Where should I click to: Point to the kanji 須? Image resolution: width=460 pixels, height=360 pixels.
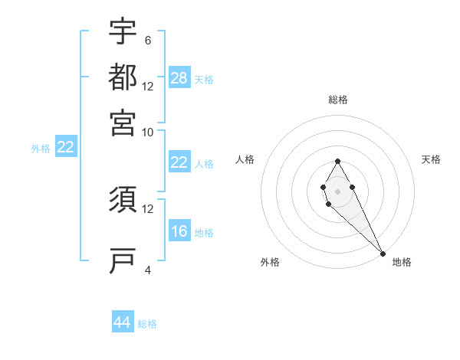(x=123, y=199)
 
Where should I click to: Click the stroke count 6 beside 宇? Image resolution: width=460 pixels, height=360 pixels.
(x=148, y=40)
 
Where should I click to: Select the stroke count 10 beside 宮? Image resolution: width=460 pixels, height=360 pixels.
(x=148, y=132)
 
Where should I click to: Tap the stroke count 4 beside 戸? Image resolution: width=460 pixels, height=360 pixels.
(x=148, y=270)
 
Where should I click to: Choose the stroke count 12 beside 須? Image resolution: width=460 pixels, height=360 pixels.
(x=148, y=208)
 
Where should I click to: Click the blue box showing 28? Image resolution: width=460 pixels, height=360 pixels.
(x=179, y=78)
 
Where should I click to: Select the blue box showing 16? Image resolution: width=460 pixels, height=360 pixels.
(x=179, y=231)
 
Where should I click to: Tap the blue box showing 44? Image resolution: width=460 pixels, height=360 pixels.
(x=123, y=322)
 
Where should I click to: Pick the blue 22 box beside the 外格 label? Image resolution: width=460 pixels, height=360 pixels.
(x=65, y=148)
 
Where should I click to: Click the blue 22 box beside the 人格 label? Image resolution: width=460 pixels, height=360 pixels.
(x=179, y=162)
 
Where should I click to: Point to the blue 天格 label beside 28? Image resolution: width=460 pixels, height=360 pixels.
(x=204, y=80)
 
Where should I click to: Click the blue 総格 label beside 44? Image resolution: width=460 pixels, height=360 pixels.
(x=147, y=324)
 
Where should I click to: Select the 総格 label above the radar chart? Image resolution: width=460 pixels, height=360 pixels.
(x=337, y=100)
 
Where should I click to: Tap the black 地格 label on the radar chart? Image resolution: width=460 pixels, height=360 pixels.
(x=402, y=262)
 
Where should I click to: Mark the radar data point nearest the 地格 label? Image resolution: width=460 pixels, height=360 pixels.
(x=383, y=253)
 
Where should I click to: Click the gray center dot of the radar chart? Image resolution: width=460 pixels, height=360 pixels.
(x=337, y=191)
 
